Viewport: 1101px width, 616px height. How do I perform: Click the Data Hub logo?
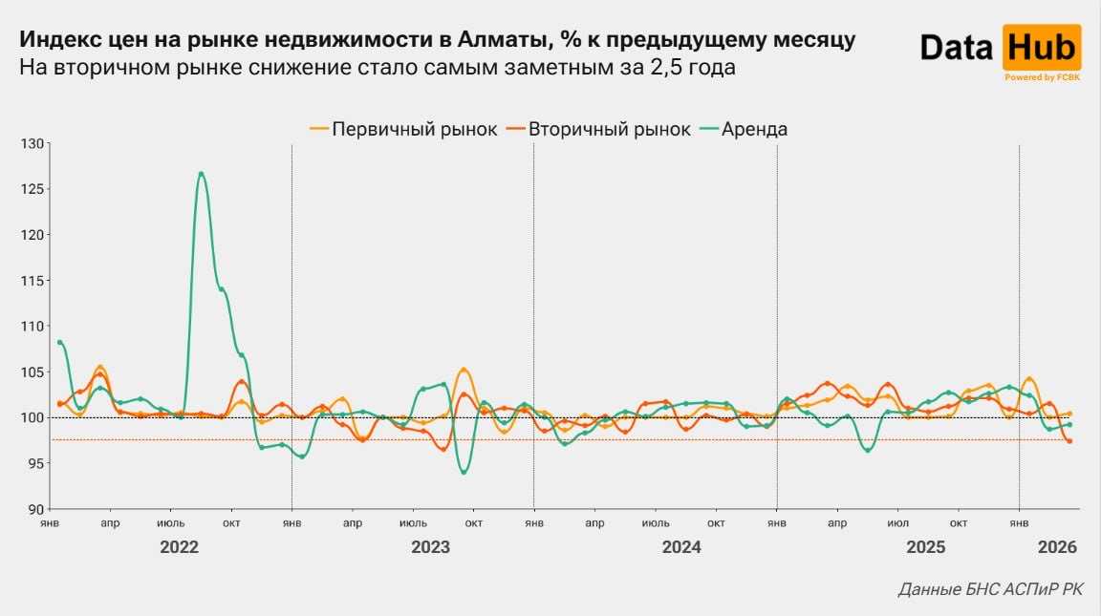(1001, 48)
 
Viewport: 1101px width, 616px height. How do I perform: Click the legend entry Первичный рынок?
(403, 129)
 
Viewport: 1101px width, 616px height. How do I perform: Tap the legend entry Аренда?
(744, 129)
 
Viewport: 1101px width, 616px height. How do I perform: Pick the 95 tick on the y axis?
(36, 463)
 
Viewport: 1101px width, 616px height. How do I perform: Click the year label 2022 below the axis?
(179, 548)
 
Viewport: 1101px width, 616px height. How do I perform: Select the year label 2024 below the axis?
(681, 548)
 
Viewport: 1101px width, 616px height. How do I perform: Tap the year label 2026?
(1057, 548)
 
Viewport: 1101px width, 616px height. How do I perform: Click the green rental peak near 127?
(201, 173)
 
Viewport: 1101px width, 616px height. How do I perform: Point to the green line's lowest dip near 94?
(464, 472)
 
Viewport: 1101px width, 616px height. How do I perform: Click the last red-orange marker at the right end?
(1069, 441)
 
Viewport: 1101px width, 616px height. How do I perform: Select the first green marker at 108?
(59, 342)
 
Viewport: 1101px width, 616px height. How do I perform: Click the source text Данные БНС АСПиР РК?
(991, 590)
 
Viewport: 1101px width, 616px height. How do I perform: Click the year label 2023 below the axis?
(430, 548)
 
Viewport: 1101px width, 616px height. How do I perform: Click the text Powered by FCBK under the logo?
(1042, 77)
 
